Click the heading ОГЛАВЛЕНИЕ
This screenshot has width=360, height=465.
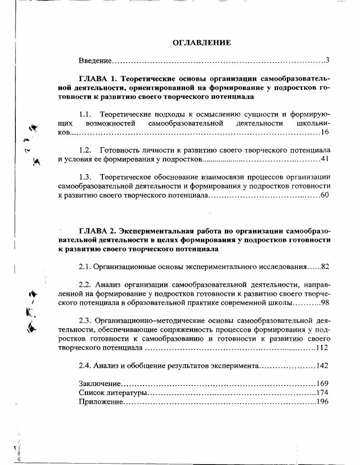click(x=202, y=43)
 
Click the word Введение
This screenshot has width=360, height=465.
click(x=95, y=60)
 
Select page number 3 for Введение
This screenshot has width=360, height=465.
click(x=327, y=60)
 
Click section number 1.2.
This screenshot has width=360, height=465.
click(x=85, y=150)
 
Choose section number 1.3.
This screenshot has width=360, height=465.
click(x=85, y=176)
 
